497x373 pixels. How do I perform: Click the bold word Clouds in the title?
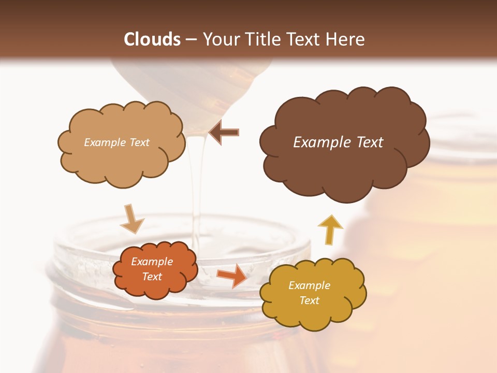pyautogui.click(x=152, y=39)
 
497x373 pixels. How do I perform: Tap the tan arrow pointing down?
pyautogui.click(x=132, y=219)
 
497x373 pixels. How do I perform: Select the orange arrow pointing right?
pyautogui.click(x=232, y=275)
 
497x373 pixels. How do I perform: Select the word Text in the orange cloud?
pyautogui.click(x=152, y=277)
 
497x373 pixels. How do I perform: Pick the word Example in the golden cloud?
pyautogui.click(x=309, y=285)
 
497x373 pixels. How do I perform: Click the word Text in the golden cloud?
pyautogui.click(x=309, y=300)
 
